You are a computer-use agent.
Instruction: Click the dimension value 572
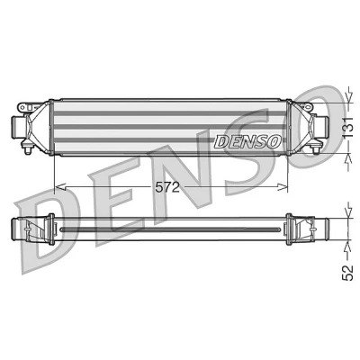click(167, 187)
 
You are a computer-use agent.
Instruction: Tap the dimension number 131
click(347, 128)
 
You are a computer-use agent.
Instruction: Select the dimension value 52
click(347, 273)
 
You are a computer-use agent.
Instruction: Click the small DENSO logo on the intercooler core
click(247, 141)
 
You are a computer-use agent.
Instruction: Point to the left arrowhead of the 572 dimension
click(61, 187)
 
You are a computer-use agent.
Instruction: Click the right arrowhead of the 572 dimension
click(282, 187)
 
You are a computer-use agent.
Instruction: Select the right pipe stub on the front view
click(323, 126)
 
